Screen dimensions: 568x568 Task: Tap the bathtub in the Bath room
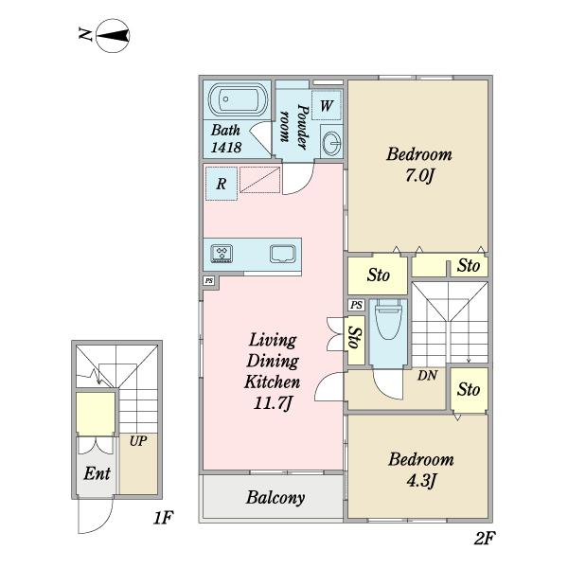click(238, 98)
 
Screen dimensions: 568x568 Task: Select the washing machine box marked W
click(326, 105)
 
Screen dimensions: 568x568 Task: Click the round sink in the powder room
click(332, 142)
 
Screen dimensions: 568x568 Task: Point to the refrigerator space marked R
click(222, 184)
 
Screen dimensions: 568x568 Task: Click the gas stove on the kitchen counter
click(222, 253)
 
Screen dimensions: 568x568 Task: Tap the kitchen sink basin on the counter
click(283, 254)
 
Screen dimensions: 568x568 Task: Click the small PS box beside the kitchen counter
click(209, 281)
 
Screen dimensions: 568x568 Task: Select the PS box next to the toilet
click(357, 305)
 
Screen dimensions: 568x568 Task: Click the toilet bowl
click(389, 319)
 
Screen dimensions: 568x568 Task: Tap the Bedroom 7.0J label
click(419, 165)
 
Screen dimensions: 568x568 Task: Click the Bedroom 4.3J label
click(421, 470)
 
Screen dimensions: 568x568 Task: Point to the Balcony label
click(275, 497)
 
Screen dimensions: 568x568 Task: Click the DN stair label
click(428, 376)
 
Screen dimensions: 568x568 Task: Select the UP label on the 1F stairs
click(138, 441)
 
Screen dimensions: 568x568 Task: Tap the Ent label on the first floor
click(97, 473)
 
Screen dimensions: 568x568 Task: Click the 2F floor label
click(484, 538)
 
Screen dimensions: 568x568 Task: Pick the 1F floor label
click(163, 518)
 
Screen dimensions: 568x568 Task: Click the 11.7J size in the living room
click(273, 403)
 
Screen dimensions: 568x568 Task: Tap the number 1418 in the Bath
click(226, 147)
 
